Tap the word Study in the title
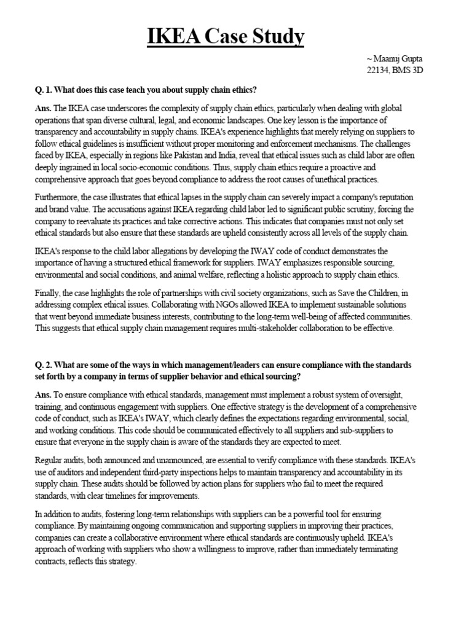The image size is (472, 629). click(277, 37)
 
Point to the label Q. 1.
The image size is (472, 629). click(44, 90)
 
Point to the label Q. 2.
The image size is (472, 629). click(44, 365)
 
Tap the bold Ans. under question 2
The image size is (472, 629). click(44, 394)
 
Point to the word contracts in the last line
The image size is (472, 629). click(52, 562)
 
